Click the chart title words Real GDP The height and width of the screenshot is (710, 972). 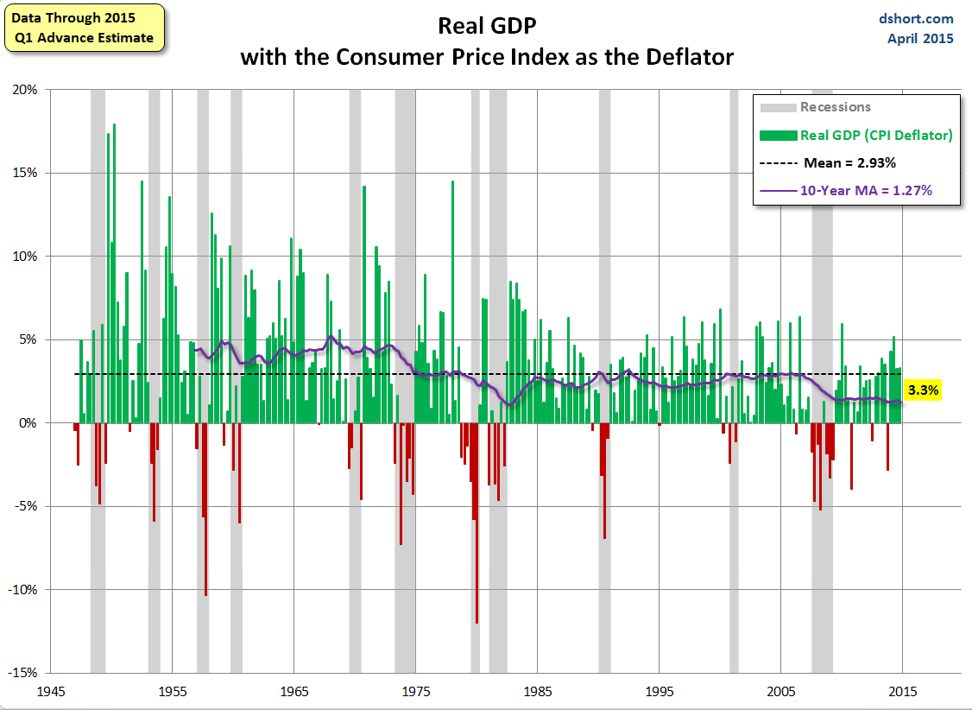point(487,25)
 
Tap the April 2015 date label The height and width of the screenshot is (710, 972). point(920,38)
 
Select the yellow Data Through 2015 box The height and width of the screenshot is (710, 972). point(83,28)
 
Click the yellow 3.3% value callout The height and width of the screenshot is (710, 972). point(923,390)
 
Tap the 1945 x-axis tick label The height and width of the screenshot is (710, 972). point(51,692)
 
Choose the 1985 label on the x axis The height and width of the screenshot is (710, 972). point(538,692)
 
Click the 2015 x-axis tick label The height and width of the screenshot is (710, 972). point(902,692)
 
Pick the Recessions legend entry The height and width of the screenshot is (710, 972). point(835,107)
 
